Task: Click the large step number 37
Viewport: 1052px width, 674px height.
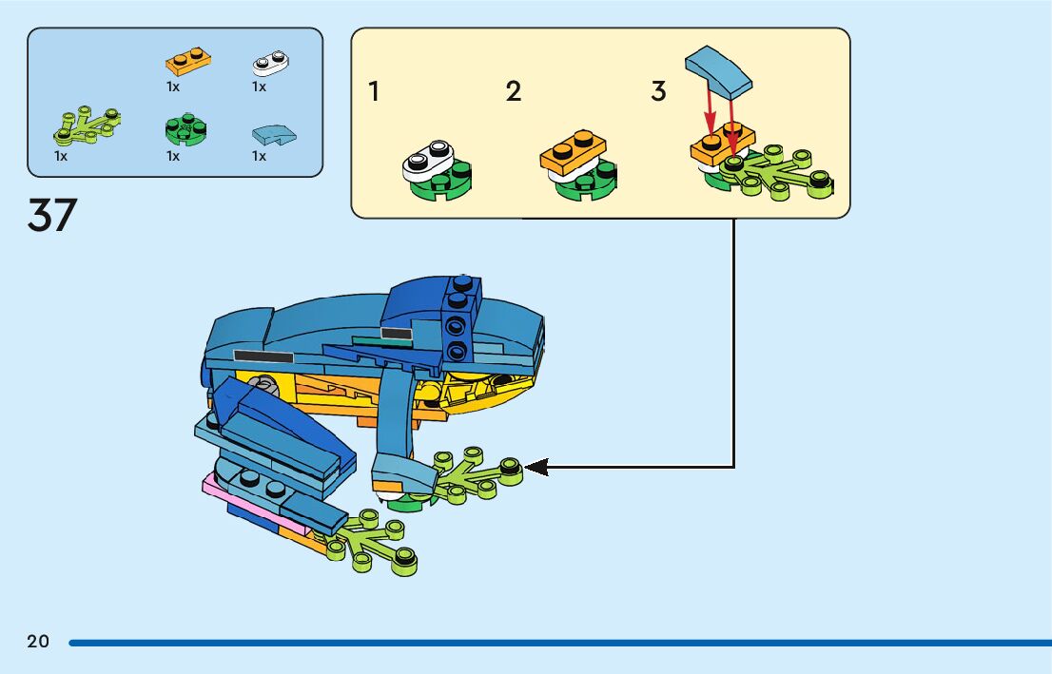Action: (x=52, y=216)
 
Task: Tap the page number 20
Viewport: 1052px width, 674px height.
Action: (x=38, y=642)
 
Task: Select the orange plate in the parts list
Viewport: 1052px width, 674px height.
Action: (x=188, y=62)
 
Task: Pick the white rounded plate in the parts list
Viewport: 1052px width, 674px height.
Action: (x=271, y=63)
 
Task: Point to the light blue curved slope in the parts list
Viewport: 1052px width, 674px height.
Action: (x=274, y=135)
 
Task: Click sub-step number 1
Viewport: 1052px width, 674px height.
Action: (x=374, y=92)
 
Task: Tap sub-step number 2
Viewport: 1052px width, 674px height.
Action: (x=514, y=92)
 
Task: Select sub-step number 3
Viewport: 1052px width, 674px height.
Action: (x=658, y=92)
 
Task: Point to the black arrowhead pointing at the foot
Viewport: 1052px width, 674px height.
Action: (x=536, y=467)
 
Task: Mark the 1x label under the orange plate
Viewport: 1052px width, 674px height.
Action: (x=173, y=87)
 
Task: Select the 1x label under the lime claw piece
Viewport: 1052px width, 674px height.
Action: (x=61, y=156)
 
